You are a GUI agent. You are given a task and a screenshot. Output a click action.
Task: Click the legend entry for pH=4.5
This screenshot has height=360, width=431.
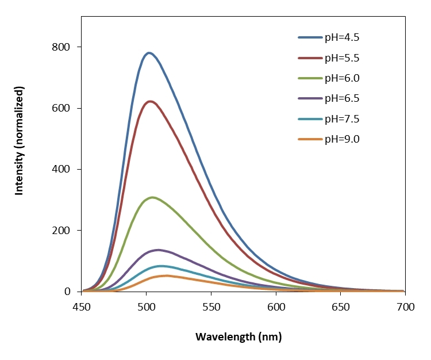(342, 38)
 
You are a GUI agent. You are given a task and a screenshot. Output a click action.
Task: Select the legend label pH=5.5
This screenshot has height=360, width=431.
(342, 58)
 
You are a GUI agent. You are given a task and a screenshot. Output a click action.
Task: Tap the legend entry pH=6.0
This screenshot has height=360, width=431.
(342, 78)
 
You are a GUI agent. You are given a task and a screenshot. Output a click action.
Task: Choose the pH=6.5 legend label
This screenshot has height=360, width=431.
(342, 98)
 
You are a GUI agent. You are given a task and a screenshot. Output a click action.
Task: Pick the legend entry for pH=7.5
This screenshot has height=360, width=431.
(342, 118)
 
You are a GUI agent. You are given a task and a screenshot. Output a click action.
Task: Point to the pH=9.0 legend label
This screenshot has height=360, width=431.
(342, 139)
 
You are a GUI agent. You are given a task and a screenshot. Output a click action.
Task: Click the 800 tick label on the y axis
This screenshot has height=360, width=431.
(64, 47)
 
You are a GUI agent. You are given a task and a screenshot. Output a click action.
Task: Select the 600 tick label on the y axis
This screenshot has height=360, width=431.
(64, 108)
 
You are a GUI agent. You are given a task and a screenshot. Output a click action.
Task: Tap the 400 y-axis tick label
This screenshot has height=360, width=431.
(64, 170)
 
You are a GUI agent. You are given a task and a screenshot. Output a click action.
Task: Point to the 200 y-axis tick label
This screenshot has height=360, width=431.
(64, 231)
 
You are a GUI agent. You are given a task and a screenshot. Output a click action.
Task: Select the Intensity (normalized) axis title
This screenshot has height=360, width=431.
(20, 141)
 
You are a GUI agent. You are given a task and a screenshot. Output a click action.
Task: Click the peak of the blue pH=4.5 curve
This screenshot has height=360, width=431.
(149, 53)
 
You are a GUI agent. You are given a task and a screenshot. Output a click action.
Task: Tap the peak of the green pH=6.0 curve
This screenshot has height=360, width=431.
(152, 197)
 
